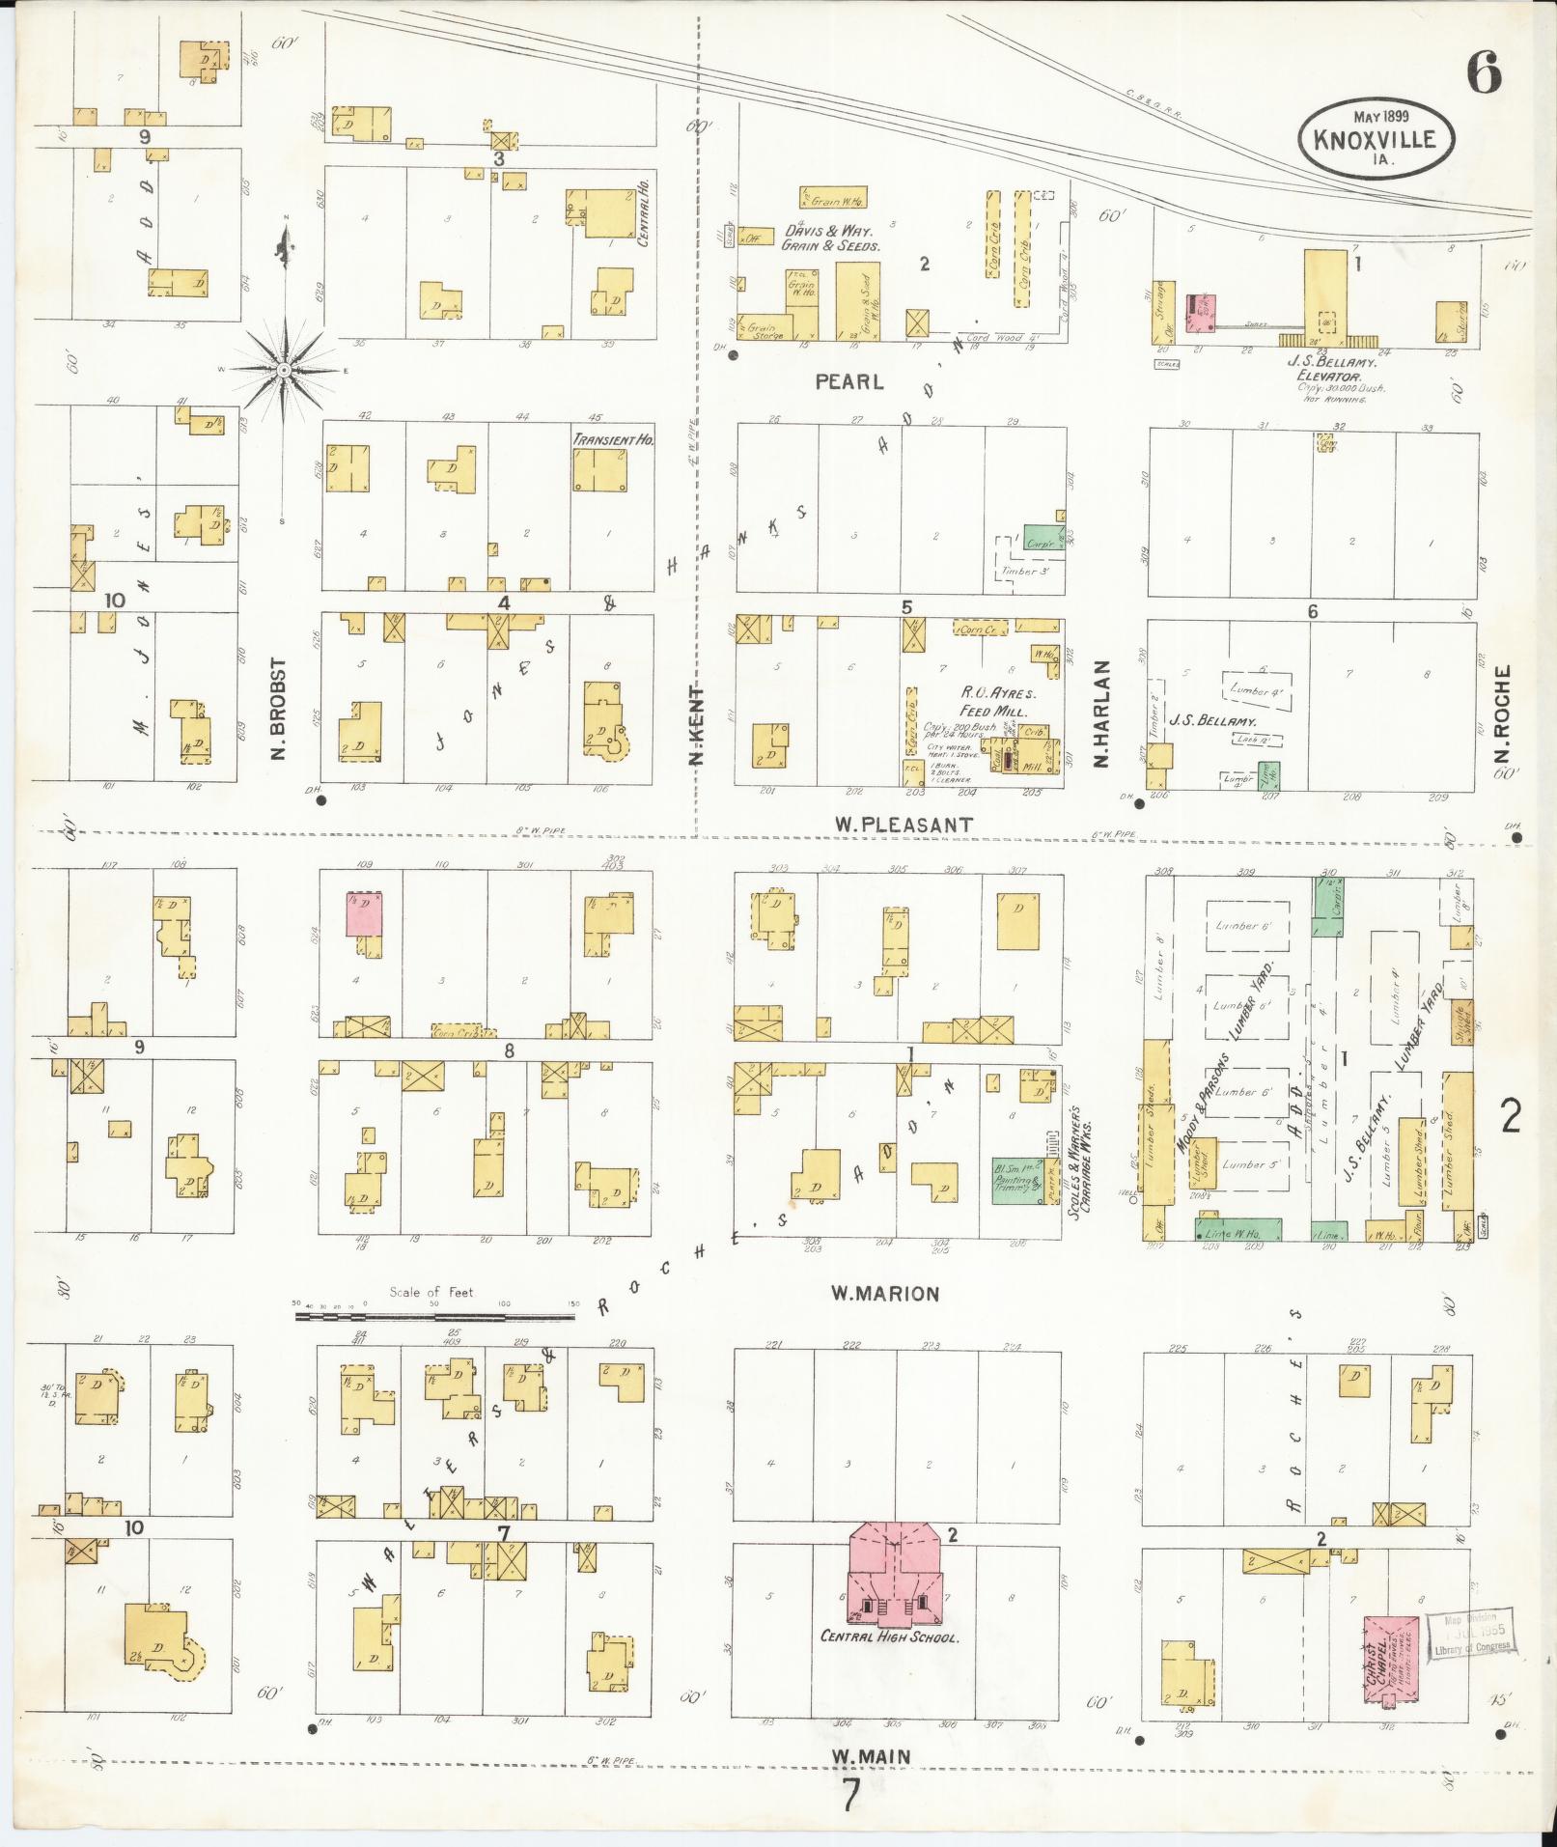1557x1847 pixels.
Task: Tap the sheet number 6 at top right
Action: [x=1483, y=70]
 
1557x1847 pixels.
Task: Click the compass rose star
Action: [x=285, y=371]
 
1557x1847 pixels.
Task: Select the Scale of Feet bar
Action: [x=434, y=1314]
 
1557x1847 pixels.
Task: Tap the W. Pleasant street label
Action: [x=904, y=825]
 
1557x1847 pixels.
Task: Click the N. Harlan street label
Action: [x=1101, y=714]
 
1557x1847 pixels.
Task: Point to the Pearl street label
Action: [x=849, y=381]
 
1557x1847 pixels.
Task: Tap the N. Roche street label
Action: [x=1501, y=714]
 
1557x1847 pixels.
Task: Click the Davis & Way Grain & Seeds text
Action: [x=832, y=238]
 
